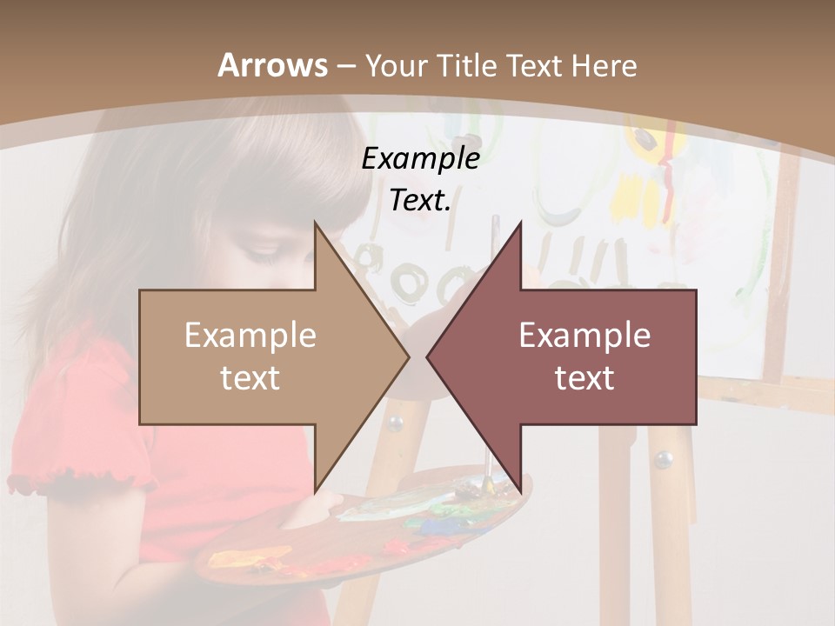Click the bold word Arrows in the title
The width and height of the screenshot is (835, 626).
(272, 65)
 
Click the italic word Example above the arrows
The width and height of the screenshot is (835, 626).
(421, 159)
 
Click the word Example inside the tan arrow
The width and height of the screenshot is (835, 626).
(250, 336)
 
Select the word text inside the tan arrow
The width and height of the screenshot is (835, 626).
(250, 378)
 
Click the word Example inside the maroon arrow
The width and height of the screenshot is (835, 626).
(584, 336)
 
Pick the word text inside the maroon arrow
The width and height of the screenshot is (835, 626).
(584, 378)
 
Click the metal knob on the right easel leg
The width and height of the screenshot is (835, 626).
(664, 458)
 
